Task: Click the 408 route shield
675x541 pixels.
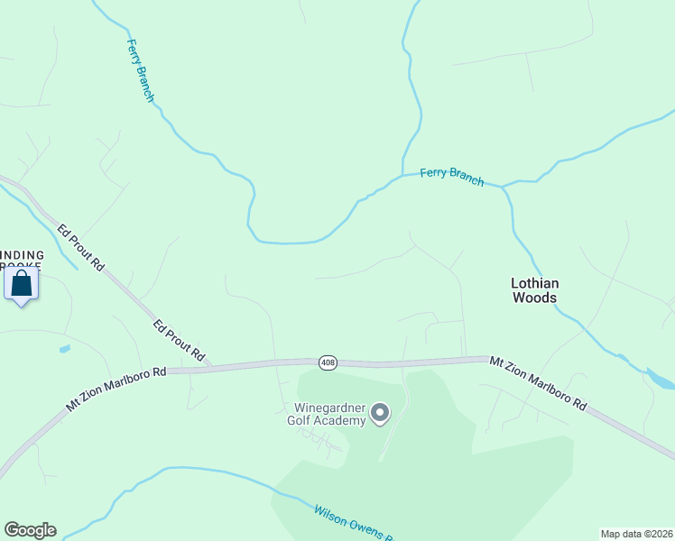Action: coord(328,362)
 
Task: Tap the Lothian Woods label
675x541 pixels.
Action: coord(534,290)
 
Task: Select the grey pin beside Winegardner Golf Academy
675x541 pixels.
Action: coord(380,413)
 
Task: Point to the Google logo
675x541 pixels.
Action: coord(30,530)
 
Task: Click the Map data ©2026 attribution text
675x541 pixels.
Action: coord(636,534)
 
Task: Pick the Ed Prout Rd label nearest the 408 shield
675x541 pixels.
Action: coord(178,341)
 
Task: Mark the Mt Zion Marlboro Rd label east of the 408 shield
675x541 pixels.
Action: coord(538,383)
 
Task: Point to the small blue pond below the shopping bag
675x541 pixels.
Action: coord(64,348)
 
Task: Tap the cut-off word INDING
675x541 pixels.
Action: coord(22,255)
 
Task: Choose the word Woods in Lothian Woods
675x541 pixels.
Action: coord(534,298)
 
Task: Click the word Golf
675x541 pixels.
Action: coord(301,420)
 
